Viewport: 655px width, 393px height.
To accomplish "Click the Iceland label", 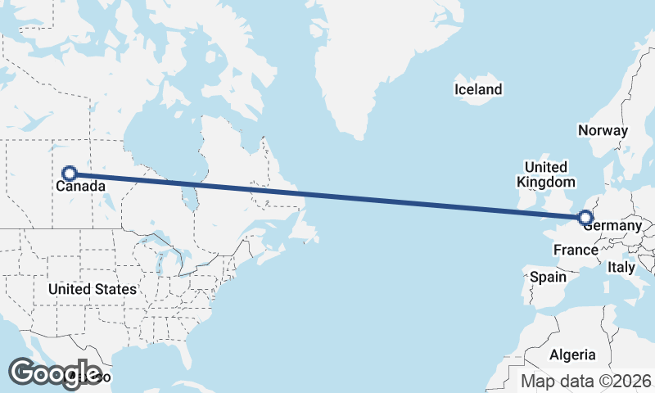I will [x=478, y=89].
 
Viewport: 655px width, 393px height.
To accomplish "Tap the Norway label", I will [x=603, y=130].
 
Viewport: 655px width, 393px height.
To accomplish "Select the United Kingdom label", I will [x=546, y=174].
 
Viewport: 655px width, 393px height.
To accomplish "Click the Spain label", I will [x=548, y=277].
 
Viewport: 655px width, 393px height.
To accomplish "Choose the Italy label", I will [x=621, y=267].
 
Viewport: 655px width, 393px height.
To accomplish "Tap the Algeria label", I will [x=572, y=355].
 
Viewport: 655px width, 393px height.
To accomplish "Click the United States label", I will [x=92, y=289].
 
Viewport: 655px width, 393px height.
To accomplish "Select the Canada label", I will [x=80, y=187].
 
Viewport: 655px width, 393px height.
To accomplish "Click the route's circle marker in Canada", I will [x=70, y=174].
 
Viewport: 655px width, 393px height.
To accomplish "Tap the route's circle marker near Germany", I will [x=585, y=218].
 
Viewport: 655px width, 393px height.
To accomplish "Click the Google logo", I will [x=54, y=373].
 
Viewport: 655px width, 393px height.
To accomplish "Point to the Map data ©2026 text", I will [x=586, y=381].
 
